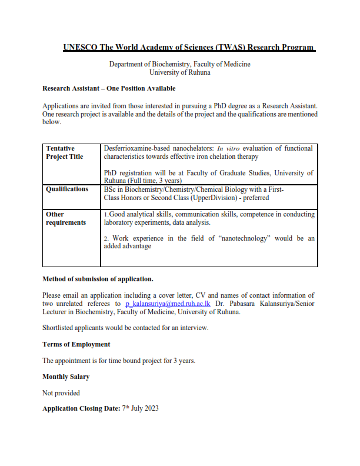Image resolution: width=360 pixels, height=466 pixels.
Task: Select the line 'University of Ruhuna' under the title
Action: (x=180, y=72)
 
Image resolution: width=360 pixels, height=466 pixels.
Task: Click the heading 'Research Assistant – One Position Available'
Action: (x=109, y=88)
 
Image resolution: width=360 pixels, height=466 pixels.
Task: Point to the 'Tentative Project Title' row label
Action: (x=65, y=153)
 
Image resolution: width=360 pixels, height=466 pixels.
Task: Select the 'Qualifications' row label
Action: (x=67, y=189)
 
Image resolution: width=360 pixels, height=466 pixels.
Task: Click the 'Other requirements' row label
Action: (x=66, y=218)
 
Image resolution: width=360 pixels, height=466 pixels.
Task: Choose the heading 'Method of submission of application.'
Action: (x=98, y=279)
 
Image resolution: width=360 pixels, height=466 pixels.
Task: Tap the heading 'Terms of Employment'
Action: (x=76, y=344)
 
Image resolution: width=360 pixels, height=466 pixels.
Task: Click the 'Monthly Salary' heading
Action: (x=66, y=377)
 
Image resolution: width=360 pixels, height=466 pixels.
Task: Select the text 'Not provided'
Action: (x=61, y=392)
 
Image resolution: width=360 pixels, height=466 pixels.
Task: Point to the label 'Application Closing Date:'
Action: (x=81, y=408)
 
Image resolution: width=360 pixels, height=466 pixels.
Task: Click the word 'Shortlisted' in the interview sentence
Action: (x=59, y=328)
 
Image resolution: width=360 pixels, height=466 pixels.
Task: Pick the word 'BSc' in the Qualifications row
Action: (x=110, y=189)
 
